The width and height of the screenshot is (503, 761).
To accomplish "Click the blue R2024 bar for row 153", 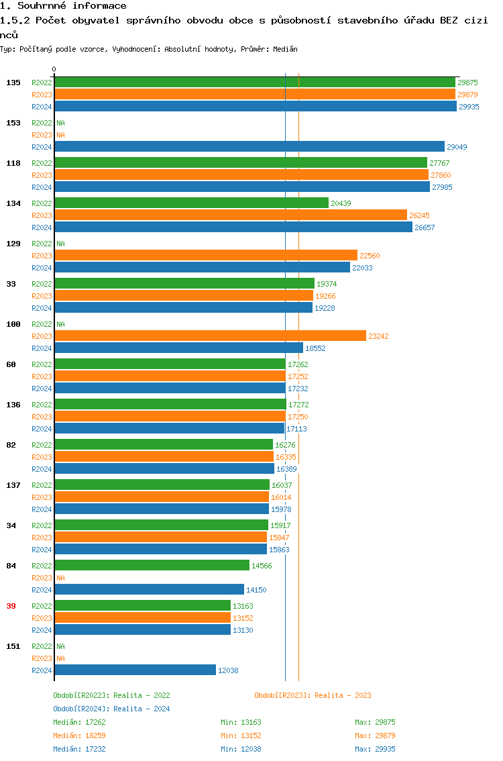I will (x=249, y=147).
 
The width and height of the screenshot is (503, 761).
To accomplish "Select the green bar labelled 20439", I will (x=191, y=203).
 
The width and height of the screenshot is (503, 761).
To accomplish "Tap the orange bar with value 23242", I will (x=210, y=336).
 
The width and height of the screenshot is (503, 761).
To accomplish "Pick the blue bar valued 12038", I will (x=135, y=670).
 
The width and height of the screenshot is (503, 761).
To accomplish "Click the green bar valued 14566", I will (x=152, y=566).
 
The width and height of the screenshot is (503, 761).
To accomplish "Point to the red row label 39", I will (x=11, y=606).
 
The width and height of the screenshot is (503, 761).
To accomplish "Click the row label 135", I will (x=13, y=83).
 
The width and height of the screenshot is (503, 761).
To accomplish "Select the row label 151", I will (x=13, y=646).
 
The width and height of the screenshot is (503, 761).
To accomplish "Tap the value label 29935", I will (x=469, y=107).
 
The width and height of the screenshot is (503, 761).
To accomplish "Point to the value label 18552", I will (x=315, y=348).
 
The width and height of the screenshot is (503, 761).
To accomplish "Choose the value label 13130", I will (x=243, y=630).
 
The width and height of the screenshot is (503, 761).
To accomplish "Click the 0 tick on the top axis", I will (x=54, y=69).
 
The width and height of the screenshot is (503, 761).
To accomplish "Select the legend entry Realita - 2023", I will (x=313, y=695).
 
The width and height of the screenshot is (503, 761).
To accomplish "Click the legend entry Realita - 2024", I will (x=111, y=709).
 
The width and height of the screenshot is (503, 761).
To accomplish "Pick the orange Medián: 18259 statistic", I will (x=79, y=735).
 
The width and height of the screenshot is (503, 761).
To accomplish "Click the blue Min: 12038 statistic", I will (x=241, y=749).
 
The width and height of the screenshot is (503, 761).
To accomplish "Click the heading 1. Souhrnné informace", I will (x=63, y=6).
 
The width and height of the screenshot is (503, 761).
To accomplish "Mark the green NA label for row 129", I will (x=60, y=244).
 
